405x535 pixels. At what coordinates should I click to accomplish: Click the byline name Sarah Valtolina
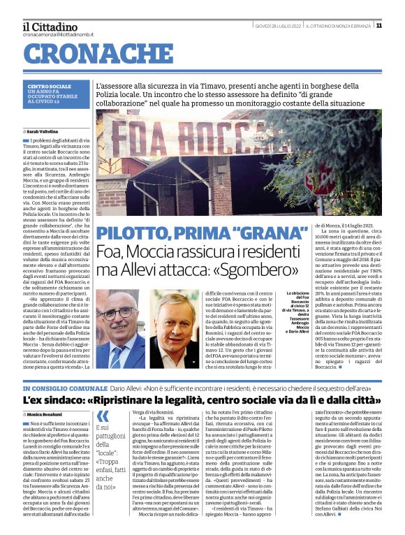pyautogui.click(x=43, y=131)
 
